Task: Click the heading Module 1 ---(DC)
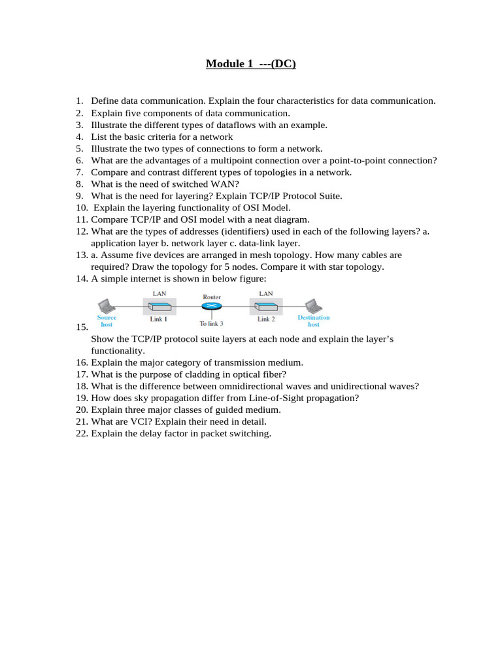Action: coord(251,63)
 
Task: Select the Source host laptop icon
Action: coord(105,306)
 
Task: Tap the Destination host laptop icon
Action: coord(313,306)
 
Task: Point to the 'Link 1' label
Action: coord(159,319)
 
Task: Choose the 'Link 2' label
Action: coord(266,319)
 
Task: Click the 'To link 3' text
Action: coord(211,323)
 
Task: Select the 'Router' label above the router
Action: coord(212,297)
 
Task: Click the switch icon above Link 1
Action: coord(159,306)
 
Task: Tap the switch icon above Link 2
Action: coord(266,306)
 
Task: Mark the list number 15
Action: coord(82,327)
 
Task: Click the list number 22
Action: coord(82,433)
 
